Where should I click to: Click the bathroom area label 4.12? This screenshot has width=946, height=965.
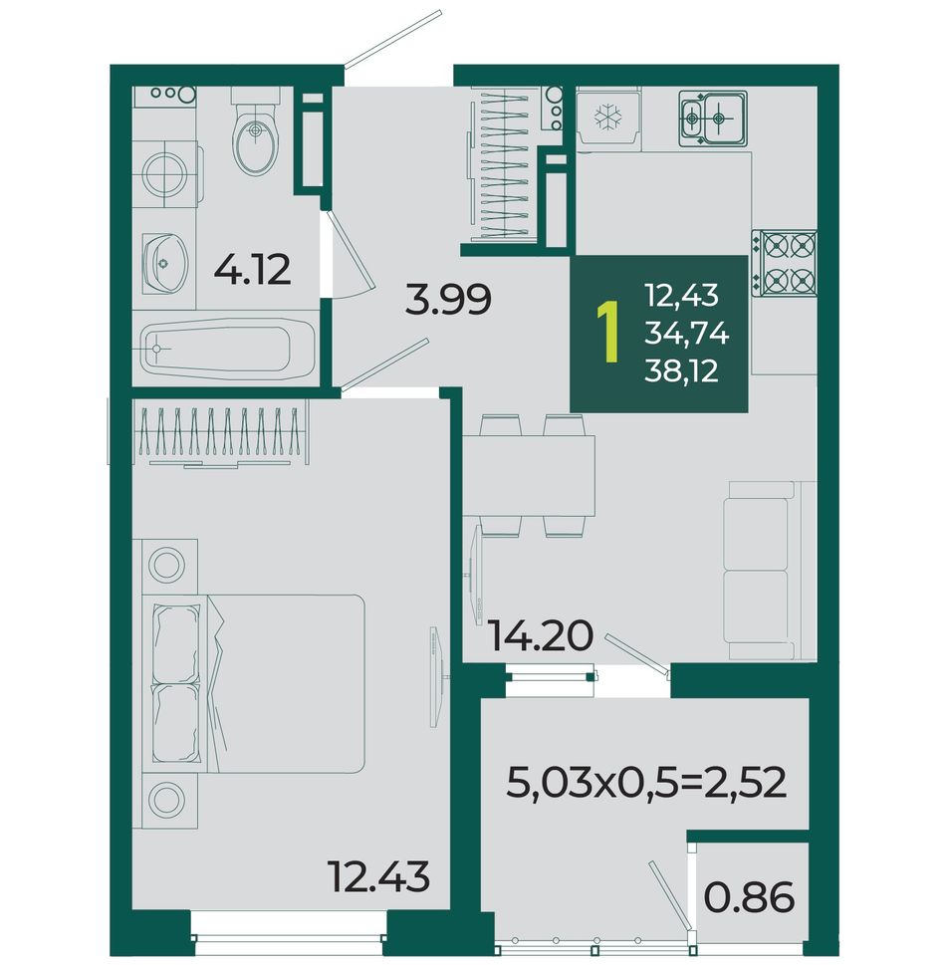252,270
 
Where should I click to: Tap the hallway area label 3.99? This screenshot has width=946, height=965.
448,300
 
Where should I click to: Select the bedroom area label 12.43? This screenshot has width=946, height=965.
378,876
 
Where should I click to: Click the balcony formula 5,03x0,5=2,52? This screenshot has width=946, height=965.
646,783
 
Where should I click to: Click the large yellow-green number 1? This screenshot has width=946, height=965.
609,333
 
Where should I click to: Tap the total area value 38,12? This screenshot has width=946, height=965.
681,371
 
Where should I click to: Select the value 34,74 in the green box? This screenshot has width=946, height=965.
687,335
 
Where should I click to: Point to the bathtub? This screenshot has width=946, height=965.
228,350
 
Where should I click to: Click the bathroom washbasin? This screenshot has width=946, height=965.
166,263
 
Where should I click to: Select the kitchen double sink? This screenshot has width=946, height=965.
713,119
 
